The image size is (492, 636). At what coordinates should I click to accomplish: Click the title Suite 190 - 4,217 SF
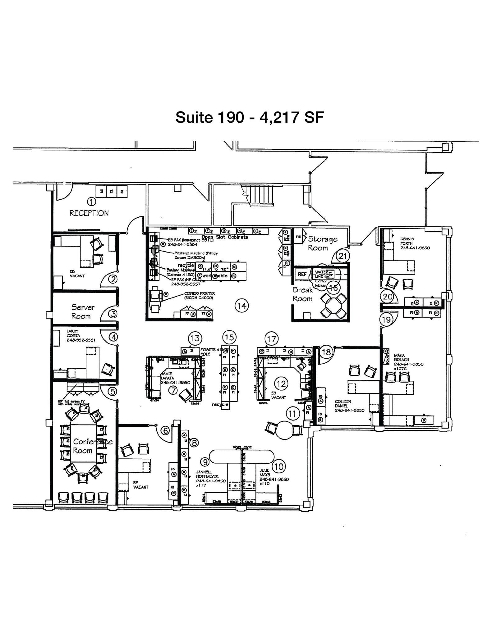[250, 117]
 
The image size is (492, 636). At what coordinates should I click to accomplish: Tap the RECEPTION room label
[89, 213]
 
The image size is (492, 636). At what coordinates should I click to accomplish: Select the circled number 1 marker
[91, 202]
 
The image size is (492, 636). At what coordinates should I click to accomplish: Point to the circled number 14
[241, 306]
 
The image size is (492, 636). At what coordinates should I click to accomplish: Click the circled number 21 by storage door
[343, 256]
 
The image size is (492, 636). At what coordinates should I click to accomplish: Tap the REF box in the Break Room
[302, 274]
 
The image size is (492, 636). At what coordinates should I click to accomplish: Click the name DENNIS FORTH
[407, 241]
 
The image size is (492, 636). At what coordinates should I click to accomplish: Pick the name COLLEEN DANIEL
[343, 404]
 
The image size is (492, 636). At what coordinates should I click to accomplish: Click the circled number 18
[326, 352]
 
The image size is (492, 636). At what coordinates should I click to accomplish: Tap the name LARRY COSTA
[73, 333]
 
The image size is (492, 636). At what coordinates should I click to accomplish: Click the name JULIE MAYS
[265, 473]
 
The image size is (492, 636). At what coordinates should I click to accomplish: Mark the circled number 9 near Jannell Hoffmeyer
[205, 462]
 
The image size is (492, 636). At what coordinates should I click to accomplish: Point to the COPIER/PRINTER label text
[200, 296]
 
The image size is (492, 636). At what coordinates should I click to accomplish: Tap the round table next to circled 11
[285, 429]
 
